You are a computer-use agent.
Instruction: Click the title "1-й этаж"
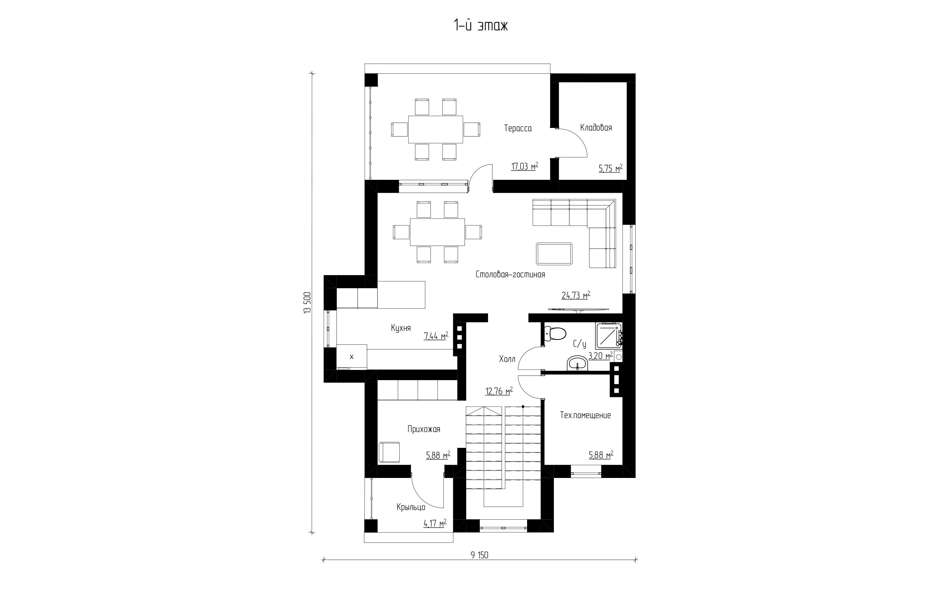tap(481, 25)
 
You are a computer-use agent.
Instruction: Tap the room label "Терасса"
tap(518, 128)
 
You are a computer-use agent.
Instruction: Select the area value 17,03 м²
tap(524, 166)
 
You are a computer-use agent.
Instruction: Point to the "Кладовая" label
tap(596, 128)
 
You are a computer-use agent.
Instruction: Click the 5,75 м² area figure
tap(610, 168)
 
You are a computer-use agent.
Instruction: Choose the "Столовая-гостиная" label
tap(510, 274)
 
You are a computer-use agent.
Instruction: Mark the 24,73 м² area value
tap(576, 295)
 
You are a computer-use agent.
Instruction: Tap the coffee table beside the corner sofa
tap(554, 254)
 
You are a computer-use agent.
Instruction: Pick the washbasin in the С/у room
tap(577, 363)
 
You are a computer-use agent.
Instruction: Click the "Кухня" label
tap(401, 328)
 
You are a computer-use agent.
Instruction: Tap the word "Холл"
tap(507, 359)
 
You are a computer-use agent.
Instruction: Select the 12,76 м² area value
tap(499, 391)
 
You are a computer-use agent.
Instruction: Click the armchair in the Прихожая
tap(389, 452)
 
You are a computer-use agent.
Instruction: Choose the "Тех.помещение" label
tap(585, 415)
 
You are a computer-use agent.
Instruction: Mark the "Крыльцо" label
tap(411, 507)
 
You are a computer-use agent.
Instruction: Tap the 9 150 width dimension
tap(479, 555)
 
